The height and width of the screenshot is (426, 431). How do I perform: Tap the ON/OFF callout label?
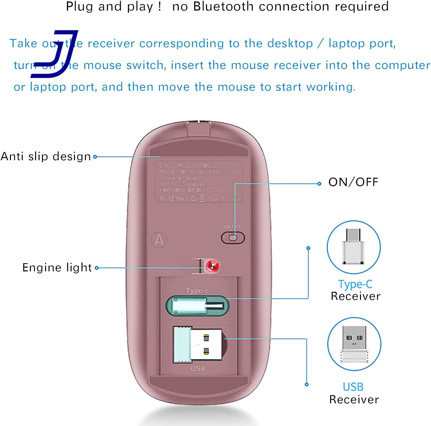353,182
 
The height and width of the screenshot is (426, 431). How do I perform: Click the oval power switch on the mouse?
233,238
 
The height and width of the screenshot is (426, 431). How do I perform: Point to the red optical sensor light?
213,266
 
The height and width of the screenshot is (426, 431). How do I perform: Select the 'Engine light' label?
57,268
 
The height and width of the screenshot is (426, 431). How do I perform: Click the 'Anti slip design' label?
46,156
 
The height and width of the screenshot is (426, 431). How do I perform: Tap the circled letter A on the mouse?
159,240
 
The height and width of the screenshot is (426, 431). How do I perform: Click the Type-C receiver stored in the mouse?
197,306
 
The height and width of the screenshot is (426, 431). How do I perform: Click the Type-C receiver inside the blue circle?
354,247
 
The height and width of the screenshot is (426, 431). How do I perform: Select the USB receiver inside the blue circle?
354,344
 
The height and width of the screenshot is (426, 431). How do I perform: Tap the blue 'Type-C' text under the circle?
355,284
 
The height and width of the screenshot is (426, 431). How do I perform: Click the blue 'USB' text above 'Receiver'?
353,387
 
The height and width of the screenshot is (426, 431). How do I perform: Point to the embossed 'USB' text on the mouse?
198,369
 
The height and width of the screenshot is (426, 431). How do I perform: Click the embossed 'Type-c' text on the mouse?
197,291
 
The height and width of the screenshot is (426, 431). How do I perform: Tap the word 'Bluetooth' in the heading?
223,7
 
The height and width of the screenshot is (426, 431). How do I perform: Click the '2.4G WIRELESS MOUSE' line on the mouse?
189,165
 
